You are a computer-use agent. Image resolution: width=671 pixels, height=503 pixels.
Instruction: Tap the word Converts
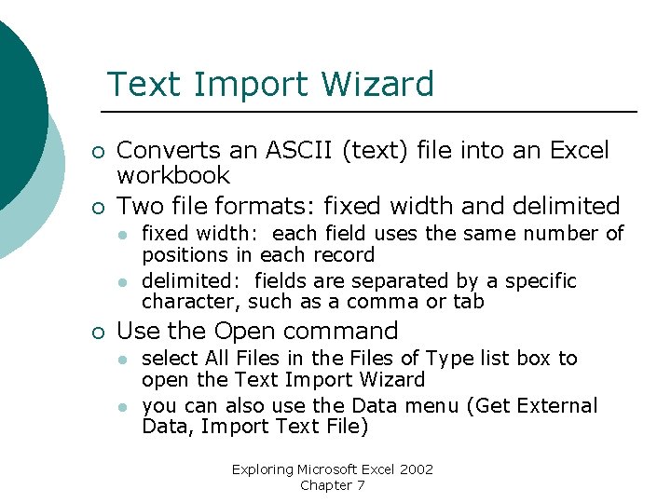click(169, 150)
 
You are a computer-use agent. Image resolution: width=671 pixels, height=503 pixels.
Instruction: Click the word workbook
click(173, 175)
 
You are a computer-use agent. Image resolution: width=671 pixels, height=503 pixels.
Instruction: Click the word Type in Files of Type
click(448, 359)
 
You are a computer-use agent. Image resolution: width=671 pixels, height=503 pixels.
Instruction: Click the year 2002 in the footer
click(416, 469)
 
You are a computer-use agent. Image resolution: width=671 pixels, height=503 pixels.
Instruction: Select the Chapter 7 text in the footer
click(333, 485)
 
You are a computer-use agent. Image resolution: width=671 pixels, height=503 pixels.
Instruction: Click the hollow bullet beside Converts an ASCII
click(98, 152)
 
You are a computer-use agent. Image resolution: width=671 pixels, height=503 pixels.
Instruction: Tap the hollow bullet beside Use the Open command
click(98, 333)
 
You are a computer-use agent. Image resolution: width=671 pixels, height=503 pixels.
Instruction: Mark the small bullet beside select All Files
click(121, 360)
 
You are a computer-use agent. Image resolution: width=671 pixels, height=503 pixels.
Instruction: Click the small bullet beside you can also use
click(121, 407)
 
